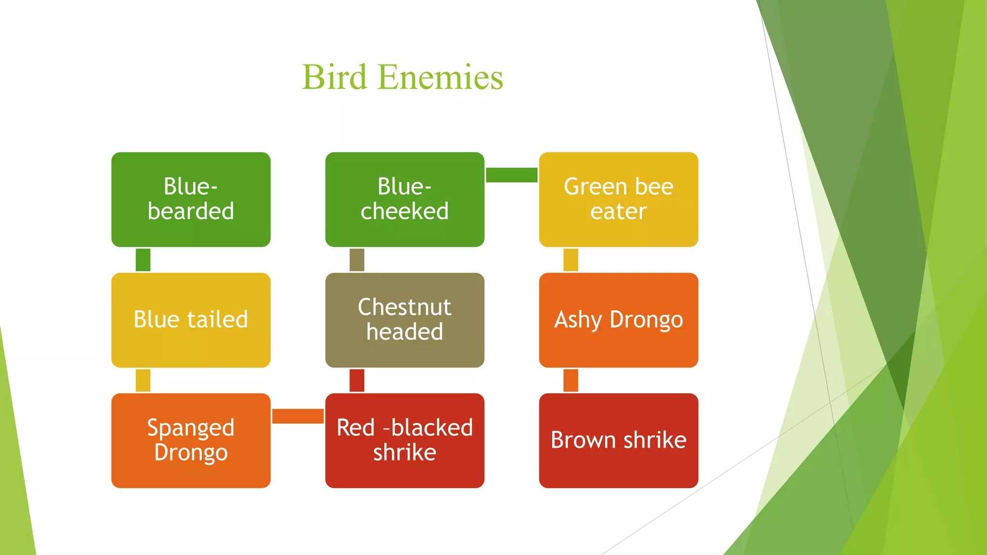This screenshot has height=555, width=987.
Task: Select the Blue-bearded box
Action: click(x=191, y=199)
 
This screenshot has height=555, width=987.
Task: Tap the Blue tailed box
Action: click(x=191, y=320)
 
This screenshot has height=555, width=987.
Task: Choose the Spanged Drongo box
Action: click(x=191, y=440)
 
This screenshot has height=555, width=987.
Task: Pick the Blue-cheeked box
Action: click(x=405, y=199)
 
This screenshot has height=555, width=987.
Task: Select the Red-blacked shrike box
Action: click(x=405, y=440)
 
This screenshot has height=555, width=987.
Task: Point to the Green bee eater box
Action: click(x=618, y=199)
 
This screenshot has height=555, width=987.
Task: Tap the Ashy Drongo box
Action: click(x=618, y=320)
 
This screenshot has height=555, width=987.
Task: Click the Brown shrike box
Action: click(x=618, y=440)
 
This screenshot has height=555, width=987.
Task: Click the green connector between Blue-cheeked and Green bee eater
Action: click(x=511, y=175)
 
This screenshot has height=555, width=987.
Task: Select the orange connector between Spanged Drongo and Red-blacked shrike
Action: click(x=297, y=416)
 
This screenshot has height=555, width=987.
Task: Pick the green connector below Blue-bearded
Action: click(x=143, y=260)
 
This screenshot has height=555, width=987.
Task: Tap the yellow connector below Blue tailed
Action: click(x=143, y=380)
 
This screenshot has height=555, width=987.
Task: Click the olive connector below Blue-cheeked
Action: click(x=357, y=260)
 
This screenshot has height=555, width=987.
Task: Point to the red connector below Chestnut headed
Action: click(x=357, y=380)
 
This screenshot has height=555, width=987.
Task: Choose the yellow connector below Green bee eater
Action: click(x=571, y=260)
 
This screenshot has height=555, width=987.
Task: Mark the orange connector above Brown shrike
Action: click(x=571, y=380)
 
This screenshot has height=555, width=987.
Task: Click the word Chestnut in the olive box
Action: click(x=405, y=307)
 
